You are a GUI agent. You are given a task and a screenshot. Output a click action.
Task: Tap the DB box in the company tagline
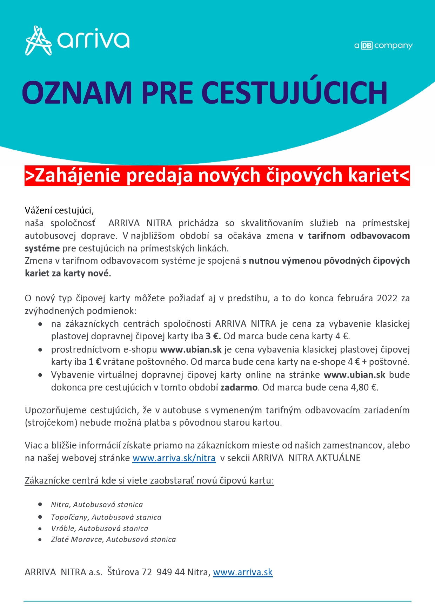point(367,46)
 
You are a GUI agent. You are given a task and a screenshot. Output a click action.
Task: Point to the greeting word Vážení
point(39,210)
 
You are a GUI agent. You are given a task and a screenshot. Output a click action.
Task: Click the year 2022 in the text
point(387,298)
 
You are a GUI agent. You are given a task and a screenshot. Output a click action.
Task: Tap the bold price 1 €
point(95,362)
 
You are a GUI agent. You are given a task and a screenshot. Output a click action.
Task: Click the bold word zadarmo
point(239,387)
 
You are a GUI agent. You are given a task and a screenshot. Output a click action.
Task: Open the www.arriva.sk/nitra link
point(174,458)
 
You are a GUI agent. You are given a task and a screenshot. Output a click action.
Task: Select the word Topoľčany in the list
point(70,517)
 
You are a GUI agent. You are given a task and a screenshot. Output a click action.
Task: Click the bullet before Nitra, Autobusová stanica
point(40,504)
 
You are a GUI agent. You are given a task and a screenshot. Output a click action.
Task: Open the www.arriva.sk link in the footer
point(243,572)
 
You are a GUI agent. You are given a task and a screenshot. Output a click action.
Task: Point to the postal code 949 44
point(170,572)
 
